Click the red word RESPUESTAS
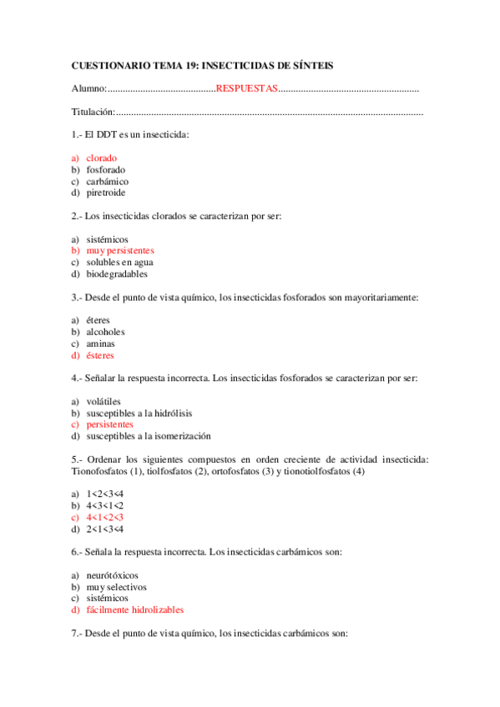[246, 88]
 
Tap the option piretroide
[105, 193]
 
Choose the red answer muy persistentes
[119, 250]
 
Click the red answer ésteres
[100, 354]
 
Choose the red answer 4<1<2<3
[104, 517]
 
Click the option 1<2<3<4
[104, 494]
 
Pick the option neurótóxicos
[112, 574]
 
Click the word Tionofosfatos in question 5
[98, 471]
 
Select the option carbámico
[107, 181]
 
